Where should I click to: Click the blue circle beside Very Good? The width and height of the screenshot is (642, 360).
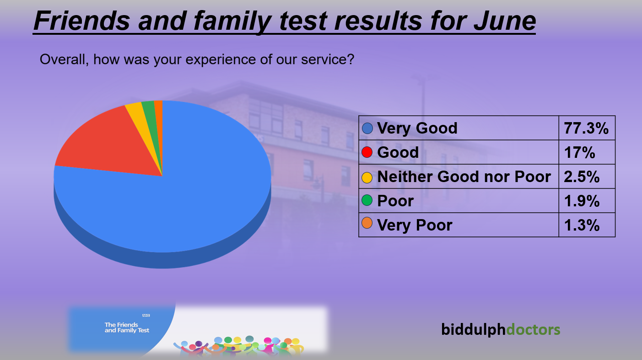point(367,128)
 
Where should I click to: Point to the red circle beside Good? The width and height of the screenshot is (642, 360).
point(367,152)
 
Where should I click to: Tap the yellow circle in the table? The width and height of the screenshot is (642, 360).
point(367,177)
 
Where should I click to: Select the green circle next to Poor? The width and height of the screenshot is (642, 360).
point(367,200)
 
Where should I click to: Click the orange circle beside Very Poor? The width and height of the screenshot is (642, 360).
point(367,223)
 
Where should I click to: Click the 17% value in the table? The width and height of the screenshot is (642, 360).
point(579,152)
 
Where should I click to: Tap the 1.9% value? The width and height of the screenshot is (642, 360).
point(582,201)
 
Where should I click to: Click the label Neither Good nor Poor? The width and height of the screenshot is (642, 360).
point(464,177)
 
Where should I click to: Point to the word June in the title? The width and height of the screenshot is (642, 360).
point(505,21)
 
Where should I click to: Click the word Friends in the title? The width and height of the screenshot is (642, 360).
point(82,21)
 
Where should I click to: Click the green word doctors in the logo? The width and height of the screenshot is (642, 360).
point(533,329)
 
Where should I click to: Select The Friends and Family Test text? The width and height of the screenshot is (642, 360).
point(127,328)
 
